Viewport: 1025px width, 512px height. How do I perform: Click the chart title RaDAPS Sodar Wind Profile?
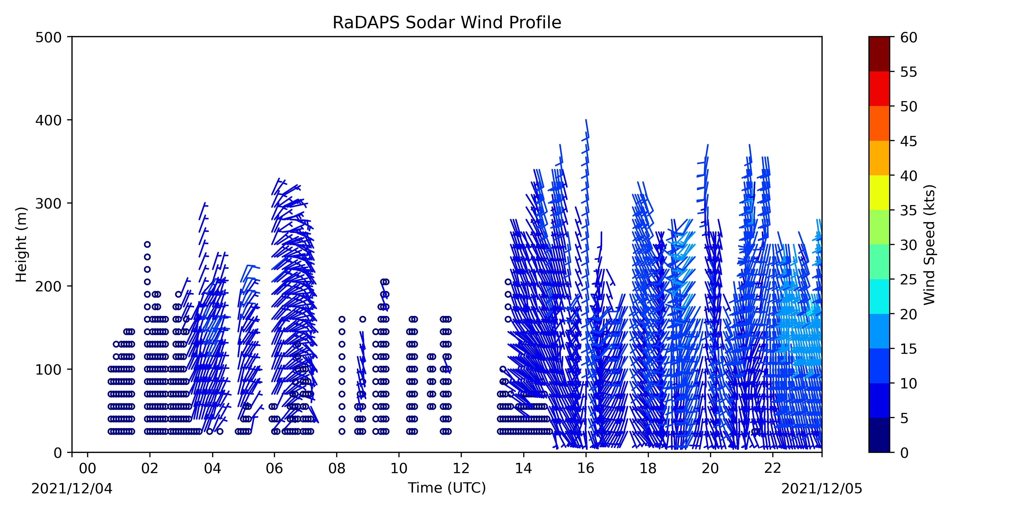pyautogui.click(x=447, y=23)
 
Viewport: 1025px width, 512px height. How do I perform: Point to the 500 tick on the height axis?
pyautogui.click(x=70, y=37)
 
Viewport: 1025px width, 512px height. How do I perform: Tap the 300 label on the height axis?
pyautogui.click(x=48, y=203)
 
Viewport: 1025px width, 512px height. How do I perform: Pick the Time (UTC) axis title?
pyautogui.click(x=447, y=488)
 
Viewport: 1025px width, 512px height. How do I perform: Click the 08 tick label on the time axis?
pyautogui.click(x=337, y=468)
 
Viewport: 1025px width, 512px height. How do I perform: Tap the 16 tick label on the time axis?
pyautogui.click(x=586, y=468)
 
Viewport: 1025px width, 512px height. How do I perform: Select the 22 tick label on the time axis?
pyautogui.click(x=773, y=468)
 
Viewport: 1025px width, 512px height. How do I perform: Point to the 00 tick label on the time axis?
pyautogui.click(x=88, y=468)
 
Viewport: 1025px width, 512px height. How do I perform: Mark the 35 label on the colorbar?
pyautogui.click(x=909, y=210)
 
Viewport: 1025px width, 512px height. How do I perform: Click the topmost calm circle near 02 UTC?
pyautogui.click(x=147, y=244)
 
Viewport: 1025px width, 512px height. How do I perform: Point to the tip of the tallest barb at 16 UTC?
pyautogui.click(x=586, y=120)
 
